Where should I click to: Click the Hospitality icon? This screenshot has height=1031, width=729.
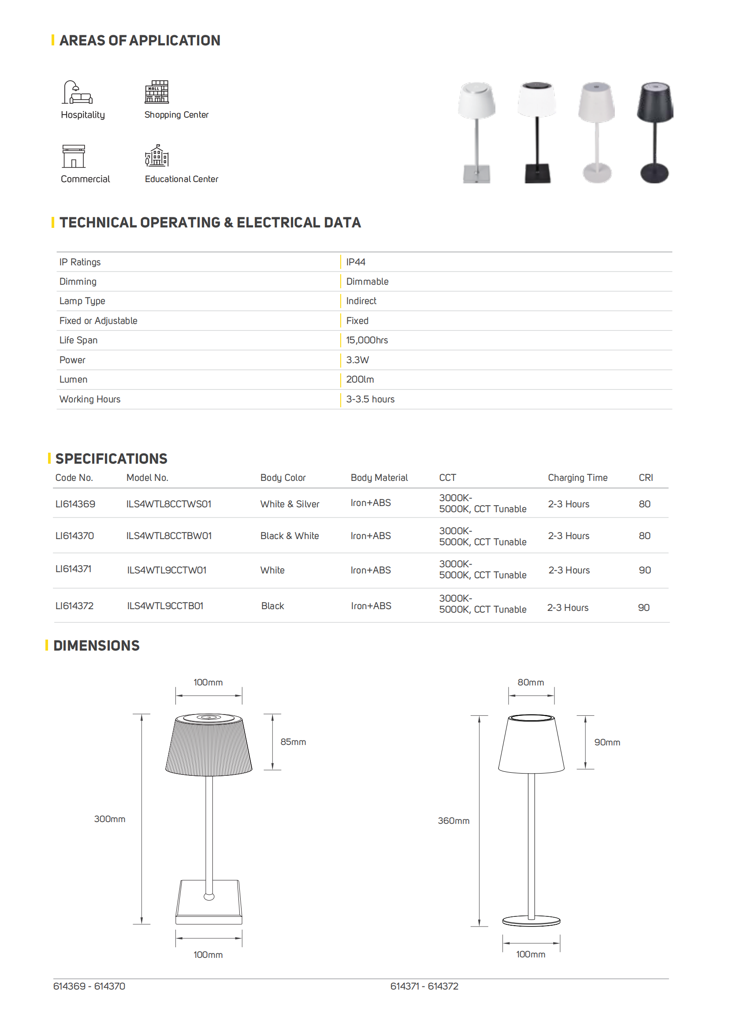[77, 92]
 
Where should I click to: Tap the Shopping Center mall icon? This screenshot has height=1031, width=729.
[156, 92]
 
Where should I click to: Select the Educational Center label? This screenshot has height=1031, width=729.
[181, 179]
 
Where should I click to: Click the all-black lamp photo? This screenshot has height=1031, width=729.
[655, 133]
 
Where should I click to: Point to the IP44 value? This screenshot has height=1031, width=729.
[356, 262]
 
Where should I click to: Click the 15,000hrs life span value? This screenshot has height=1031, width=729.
[367, 340]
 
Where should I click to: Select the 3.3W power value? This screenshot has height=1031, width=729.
[357, 360]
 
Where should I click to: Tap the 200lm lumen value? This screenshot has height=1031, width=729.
[360, 380]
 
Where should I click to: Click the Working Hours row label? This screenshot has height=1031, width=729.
[90, 399]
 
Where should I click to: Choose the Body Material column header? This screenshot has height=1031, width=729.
[379, 478]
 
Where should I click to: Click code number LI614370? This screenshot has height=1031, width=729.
[74, 536]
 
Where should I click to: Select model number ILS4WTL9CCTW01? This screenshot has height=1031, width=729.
[167, 570]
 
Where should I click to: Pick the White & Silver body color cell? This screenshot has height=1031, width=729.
[290, 504]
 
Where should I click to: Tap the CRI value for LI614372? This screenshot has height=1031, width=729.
[643, 608]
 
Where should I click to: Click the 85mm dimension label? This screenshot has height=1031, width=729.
[293, 742]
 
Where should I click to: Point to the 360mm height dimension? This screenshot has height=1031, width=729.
[454, 821]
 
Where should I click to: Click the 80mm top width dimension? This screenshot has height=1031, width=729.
[531, 682]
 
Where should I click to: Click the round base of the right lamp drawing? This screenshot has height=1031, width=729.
[531, 921]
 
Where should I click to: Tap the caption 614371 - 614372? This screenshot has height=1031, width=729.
[424, 986]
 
